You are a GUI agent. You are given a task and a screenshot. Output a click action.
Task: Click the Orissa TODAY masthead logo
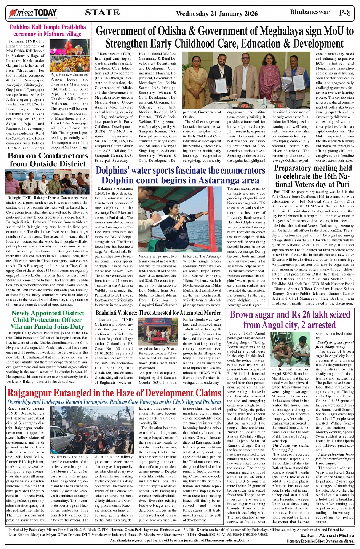(34, 13)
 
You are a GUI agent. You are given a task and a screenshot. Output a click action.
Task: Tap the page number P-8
(345, 12)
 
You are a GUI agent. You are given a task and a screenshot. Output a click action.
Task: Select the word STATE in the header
(102, 13)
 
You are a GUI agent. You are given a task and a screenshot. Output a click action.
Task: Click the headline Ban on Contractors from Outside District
(48, 160)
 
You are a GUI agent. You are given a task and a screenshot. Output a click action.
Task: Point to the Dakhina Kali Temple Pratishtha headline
(48, 30)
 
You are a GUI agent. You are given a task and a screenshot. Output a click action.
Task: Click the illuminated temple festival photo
(69, 55)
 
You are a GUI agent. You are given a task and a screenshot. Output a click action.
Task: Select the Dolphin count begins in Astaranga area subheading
(180, 180)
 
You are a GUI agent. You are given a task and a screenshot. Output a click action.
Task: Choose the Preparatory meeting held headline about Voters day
(313, 176)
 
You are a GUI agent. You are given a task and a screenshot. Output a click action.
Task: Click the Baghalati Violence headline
(158, 313)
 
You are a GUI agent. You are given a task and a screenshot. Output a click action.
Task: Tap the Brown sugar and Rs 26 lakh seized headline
(290, 320)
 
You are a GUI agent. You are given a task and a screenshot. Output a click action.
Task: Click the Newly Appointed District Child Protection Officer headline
(48, 320)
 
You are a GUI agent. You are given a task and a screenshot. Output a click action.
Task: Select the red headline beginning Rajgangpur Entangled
(114, 393)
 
